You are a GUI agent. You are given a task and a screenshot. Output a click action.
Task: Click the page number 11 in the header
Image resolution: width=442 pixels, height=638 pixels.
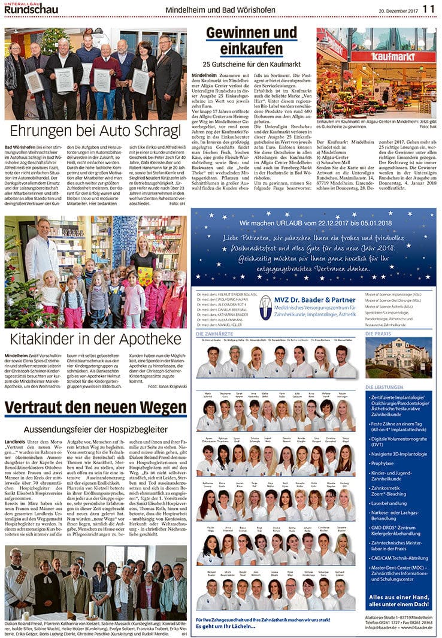coord(429,8)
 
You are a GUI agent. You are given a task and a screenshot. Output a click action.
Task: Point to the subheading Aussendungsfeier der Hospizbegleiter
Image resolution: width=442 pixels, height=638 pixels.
coord(95,429)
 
